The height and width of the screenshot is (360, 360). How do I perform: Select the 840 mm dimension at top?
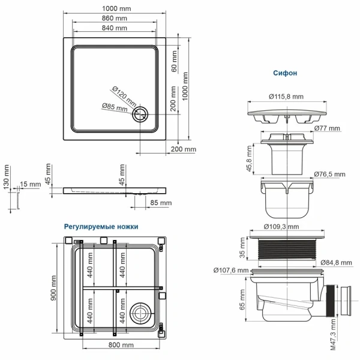[115, 28]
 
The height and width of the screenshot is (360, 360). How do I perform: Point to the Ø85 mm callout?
[114, 108]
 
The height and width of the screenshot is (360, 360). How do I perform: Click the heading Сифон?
[285, 73]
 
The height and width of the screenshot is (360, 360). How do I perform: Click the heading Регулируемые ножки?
[101, 227]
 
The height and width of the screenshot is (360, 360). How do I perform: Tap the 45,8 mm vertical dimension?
[248, 157]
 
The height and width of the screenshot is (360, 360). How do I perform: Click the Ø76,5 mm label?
[329, 174]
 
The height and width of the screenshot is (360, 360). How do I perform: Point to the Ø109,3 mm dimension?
[282, 227]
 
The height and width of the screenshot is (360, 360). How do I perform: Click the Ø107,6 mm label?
[231, 270]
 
